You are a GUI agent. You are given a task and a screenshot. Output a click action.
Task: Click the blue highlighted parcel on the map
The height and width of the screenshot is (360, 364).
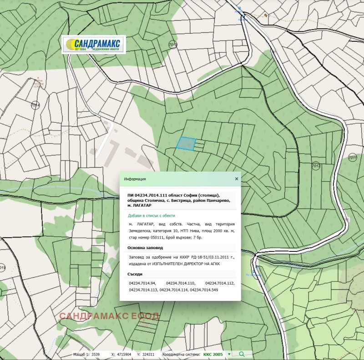(x=186, y=144)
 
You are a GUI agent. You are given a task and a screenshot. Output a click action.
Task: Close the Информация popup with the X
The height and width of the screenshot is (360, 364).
(x=237, y=179)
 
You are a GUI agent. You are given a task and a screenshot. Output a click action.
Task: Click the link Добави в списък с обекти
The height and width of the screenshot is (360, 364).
(x=152, y=215)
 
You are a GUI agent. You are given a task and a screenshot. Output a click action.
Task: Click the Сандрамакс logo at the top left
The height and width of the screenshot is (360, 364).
(x=93, y=45)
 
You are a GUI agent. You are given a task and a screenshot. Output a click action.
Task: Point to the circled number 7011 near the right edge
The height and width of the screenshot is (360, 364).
(x=352, y=157)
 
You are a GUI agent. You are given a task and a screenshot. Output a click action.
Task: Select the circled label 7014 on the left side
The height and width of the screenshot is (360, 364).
(x=35, y=105)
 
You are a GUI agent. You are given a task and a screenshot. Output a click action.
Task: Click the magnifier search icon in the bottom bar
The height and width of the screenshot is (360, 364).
(x=242, y=354)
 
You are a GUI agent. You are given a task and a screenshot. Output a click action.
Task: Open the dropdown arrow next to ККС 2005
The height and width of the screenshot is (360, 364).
(x=229, y=354)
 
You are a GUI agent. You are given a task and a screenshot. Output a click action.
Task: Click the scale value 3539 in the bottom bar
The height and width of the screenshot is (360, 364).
(x=95, y=354)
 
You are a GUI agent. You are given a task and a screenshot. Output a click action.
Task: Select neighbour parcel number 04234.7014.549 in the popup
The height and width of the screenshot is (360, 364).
(x=204, y=290)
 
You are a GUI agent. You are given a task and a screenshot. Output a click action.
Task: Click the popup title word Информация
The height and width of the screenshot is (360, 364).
(x=135, y=179)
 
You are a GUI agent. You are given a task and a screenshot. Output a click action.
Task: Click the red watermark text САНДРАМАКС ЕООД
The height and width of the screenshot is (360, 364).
(x=109, y=316)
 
